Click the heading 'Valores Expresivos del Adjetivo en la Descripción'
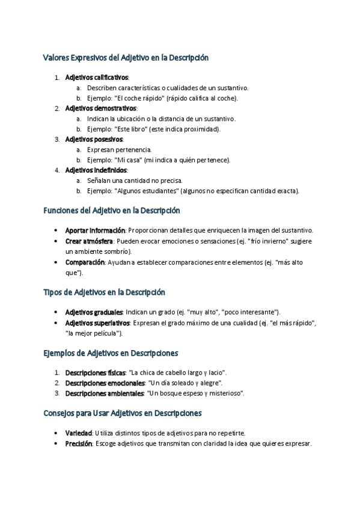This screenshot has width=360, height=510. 126,58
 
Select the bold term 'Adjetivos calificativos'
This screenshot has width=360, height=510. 96,78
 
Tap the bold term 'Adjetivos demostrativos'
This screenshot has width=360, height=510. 100,108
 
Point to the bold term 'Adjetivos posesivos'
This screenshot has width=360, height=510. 94,139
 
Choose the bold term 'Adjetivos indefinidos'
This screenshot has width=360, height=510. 96,170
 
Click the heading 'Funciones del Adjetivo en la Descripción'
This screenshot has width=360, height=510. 112,211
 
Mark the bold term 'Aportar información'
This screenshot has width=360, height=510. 95,230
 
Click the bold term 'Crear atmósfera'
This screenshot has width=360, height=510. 89,241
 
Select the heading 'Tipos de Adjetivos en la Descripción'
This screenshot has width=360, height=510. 104,292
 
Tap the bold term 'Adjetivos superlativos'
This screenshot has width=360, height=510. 97,323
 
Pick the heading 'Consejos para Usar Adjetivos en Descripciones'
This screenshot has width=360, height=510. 122,414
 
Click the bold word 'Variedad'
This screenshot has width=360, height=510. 79,433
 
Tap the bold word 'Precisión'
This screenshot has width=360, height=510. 79,444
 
